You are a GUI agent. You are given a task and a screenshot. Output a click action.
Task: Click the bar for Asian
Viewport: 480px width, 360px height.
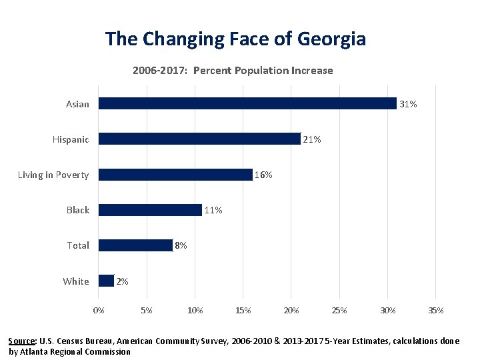click(x=247, y=103)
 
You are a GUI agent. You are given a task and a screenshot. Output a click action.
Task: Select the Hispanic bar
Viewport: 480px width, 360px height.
click(x=199, y=139)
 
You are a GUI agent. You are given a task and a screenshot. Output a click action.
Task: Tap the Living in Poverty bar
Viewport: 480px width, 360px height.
click(x=175, y=175)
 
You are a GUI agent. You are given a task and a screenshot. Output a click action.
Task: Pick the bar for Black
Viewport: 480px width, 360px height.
click(x=150, y=210)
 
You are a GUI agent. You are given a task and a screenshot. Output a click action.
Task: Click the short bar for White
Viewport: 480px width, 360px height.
click(x=106, y=281)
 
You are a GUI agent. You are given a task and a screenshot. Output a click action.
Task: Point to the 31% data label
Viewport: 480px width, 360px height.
click(x=408, y=104)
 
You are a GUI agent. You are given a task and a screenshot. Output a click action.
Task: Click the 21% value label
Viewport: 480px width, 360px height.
click(x=312, y=139)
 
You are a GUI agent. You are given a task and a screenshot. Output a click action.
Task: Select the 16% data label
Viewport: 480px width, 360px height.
click(x=263, y=175)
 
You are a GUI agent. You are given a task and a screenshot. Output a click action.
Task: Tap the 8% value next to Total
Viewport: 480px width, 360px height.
click(x=181, y=245)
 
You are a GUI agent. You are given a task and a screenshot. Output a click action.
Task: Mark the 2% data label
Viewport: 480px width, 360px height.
click(x=122, y=281)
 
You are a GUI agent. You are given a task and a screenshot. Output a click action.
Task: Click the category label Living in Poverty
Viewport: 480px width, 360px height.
click(x=53, y=175)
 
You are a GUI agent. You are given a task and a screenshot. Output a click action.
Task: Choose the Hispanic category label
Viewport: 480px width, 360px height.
click(x=71, y=139)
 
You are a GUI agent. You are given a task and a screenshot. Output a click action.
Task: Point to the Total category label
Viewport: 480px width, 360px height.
click(x=78, y=245)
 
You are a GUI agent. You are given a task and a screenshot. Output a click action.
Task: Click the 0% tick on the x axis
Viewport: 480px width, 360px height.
click(x=98, y=310)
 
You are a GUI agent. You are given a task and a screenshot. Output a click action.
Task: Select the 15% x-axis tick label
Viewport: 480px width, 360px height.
click(x=243, y=310)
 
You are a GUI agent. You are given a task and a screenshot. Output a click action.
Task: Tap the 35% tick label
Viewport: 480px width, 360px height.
click(x=436, y=310)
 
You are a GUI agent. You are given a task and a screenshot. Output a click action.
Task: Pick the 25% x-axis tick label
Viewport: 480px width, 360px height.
click(x=339, y=310)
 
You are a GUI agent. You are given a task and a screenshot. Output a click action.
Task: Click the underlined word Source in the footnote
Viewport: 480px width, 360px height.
click(x=23, y=341)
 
